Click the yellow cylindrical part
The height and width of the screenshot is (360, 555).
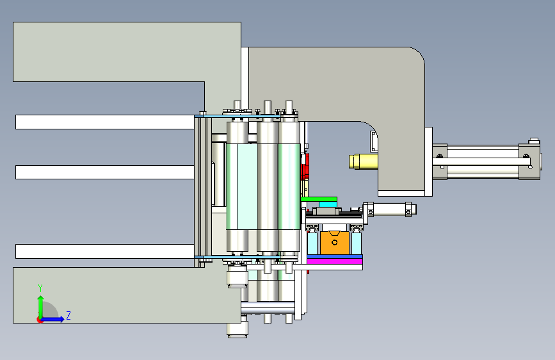(x=363, y=161)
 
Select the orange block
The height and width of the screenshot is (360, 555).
(x=335, y=243)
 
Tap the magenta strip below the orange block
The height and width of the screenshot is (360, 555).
(x=335, y=261)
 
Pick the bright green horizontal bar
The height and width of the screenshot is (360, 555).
(x=319, y=199)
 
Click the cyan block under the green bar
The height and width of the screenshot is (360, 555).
(x=328, y=204)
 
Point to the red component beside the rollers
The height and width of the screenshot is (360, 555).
(x=305, y=166)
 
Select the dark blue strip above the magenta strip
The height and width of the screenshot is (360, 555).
(x=335, y=256)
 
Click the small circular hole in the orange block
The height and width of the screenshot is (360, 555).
(x=335, y=242)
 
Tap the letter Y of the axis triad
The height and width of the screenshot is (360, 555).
(x=40, y=288)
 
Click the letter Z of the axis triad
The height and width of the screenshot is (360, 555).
(x=68, y=316)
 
